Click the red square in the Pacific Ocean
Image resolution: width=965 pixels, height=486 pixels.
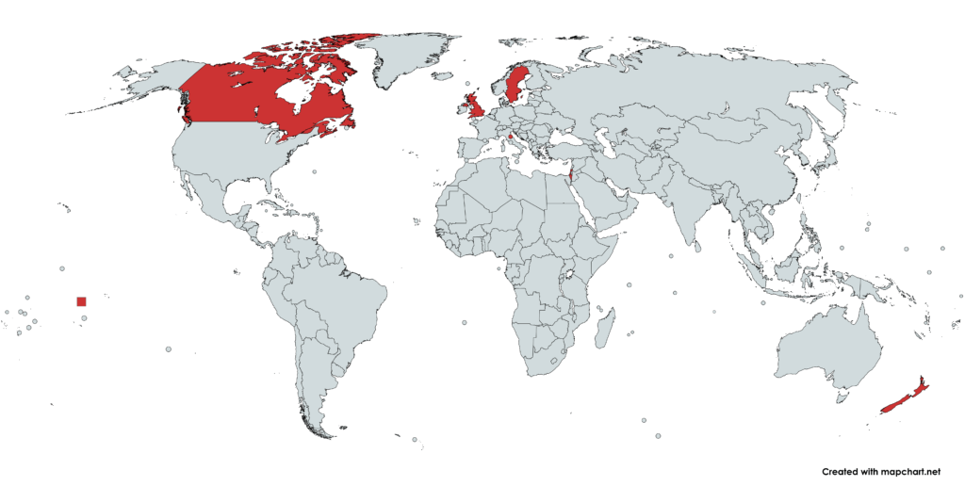[x=81, y=301]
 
